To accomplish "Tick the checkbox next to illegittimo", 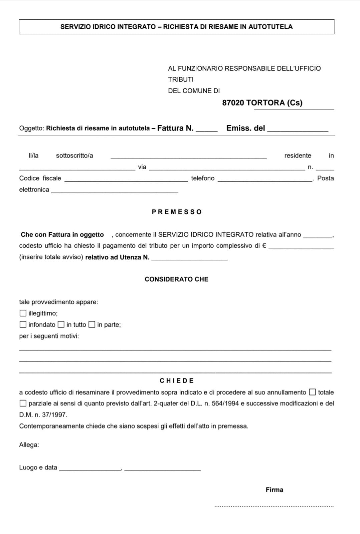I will coord(23,313).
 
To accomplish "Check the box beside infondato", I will coord(23,324).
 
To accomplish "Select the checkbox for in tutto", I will coord(61,324).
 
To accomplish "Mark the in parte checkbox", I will coord(92,324).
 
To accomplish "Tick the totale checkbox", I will coord(312,392).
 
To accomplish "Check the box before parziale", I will coord(23,403).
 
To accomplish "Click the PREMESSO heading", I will coord(177,212).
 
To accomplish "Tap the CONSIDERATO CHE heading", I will coord(176,279).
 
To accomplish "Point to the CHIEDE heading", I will coord(177,381).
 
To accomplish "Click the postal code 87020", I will coord(233,103).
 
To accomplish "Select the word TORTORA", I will coord(265,103).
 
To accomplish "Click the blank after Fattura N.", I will coord(207,129).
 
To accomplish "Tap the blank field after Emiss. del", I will coord(298,129).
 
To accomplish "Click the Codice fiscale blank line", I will coord(126,179).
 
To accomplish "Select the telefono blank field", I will coord(265,179).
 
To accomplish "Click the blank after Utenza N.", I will coord(189,258).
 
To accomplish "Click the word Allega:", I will coord(29,445).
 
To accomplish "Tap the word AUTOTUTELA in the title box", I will coord(270,27).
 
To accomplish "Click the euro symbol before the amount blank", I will coord(264,246).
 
